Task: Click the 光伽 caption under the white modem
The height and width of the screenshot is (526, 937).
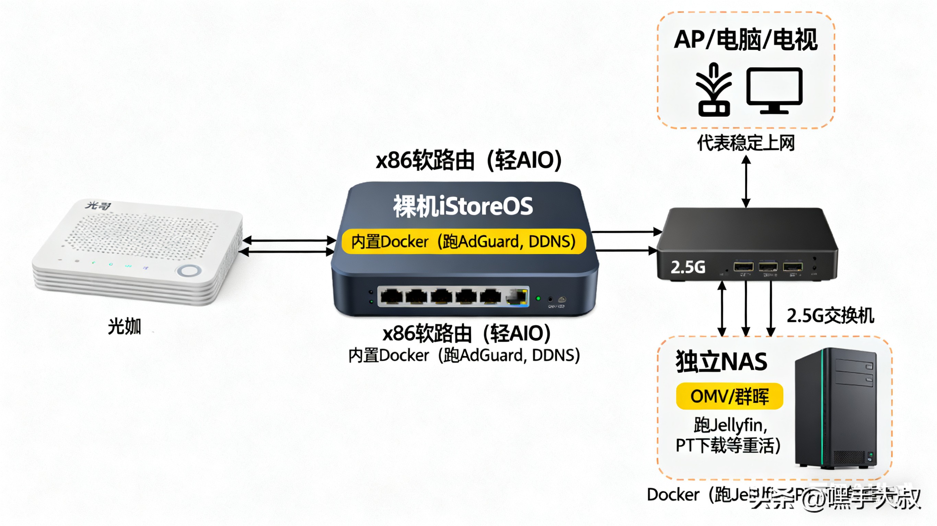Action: point(124,326)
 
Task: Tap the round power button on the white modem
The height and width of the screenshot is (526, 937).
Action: point(188,271)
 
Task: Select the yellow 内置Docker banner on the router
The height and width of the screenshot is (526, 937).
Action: point(463,242)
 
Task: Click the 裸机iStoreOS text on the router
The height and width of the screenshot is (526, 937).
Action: point(463,206)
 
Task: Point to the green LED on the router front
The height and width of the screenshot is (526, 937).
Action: point(538,298)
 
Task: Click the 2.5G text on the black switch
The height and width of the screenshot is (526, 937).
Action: point(687,267)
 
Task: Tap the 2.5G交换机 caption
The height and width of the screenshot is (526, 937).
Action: point(830,315)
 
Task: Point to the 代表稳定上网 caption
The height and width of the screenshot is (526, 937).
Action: point(746,143)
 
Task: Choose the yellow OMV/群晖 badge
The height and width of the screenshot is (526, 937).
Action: point(729,396)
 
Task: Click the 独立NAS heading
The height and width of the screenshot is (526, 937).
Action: point(721,362)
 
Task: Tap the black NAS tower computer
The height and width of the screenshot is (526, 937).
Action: point(836,409)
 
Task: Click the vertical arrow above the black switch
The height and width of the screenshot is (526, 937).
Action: point(746,182)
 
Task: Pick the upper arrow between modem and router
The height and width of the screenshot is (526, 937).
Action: point(289,240)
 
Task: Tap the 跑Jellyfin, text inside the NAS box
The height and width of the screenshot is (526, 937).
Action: point(730,425)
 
